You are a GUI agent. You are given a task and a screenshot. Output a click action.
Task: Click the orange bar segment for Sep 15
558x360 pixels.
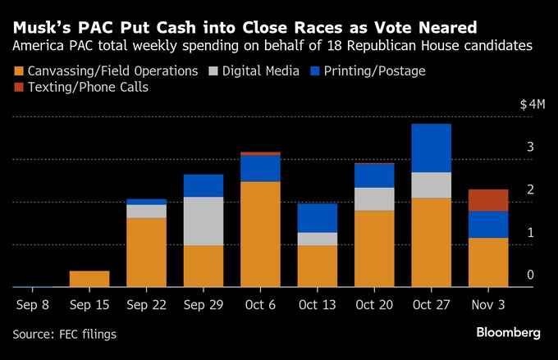(x=89, y=279)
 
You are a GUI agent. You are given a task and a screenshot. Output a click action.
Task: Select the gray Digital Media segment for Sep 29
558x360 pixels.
(x=204, y=221)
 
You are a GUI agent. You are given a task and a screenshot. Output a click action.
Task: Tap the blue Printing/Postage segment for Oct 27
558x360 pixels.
(x=432, y=148)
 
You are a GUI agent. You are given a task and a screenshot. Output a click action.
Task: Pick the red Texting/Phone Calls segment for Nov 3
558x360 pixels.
(x=488, y=200)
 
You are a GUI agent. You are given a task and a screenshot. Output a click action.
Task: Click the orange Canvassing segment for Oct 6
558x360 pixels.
(x=260, y=234)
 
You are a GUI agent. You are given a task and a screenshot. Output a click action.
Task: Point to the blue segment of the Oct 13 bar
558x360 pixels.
(x=318, y=217)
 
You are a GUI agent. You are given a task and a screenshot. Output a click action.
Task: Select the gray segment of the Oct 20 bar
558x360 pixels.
(x=374, y=198)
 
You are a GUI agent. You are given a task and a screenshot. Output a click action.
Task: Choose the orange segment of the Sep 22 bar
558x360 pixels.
(x=147, y=252)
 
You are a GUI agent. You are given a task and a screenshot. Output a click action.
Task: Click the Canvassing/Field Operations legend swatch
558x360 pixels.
(x=19, y=71)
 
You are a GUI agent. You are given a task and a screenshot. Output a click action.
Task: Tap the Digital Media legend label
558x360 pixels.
(x=268, y=71)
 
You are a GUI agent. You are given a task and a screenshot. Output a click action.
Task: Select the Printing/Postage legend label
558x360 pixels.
(x=379, y=71)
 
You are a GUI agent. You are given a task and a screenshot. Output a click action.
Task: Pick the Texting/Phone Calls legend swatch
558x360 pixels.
(x=19, y=87)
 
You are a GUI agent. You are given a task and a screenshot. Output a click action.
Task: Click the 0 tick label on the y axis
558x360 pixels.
(x=531, y=275)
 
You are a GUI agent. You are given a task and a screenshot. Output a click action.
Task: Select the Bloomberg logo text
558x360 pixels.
(x=508, y=333)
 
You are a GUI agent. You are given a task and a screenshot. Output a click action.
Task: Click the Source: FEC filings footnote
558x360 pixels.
(x=65, y=334)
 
